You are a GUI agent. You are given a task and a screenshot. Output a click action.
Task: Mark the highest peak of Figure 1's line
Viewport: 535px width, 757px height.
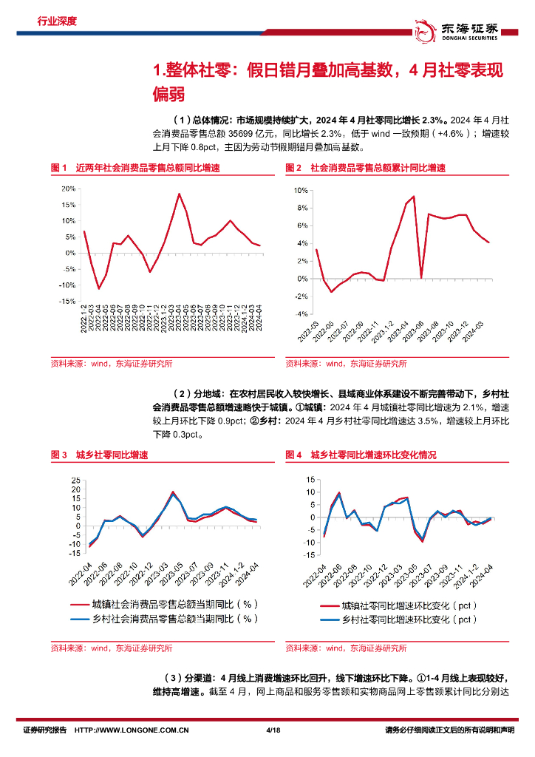(x=179, y=194)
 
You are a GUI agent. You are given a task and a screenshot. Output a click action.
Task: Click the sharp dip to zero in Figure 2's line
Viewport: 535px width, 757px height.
(x=421, y=278)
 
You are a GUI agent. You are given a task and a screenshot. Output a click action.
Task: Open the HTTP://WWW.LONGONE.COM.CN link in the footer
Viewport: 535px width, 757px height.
(x=133, y=730)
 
